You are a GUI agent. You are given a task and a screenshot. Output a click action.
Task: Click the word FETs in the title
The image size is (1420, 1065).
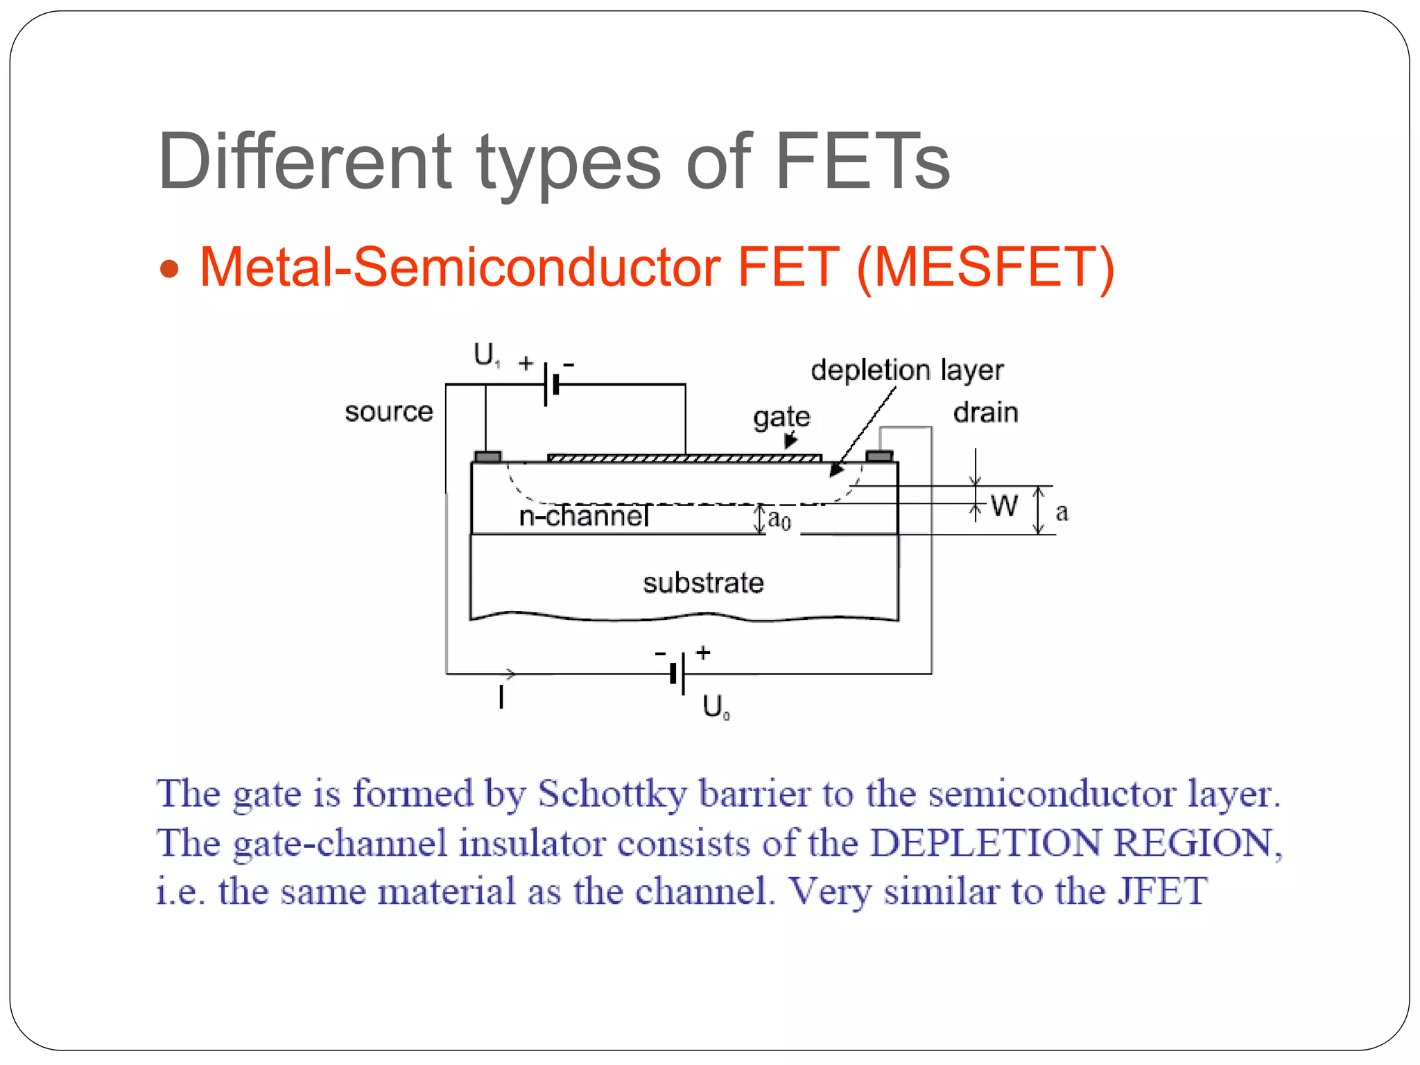pyautogui.click(x=862, y=162)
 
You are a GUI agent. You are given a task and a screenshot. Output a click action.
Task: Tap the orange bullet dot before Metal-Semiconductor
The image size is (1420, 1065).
pyautogui.click(x=169, y=269)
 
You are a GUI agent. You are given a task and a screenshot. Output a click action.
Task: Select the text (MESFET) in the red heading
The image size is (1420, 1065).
pyautogui.click(x=985, y=268)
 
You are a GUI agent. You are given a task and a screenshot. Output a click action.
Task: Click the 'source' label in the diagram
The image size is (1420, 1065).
pyautogui.click(x=389, y=412)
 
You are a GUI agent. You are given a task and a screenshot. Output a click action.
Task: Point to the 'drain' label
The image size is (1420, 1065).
pyautogui.click(x=985, y=413)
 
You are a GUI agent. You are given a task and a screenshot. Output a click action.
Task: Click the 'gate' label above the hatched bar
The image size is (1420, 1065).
pyautogui.click(x=781, y=417)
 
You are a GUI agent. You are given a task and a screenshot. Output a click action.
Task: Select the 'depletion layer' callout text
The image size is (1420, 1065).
pyautogui.click(x=907, y=370)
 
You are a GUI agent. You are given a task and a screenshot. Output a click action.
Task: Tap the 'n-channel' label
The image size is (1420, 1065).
pyautogui.click(x=584, y=516)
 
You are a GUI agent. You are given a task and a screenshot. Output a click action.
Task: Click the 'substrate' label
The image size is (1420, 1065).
pyautogui.click(x=703, y=583)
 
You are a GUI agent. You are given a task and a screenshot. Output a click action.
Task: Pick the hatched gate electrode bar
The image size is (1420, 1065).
pyautogui.click(x=684, y=458)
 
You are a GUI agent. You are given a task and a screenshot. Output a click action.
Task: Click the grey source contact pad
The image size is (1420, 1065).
pyautogui.click(x=487, y=456)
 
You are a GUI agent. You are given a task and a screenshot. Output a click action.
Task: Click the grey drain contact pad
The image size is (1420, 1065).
pyautogui.click(x=879, y=456)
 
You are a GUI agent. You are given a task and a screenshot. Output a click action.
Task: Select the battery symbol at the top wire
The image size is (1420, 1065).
pyautogui.click(x=551, y=384)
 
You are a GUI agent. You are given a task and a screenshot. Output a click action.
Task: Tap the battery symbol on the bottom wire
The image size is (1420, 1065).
pyautogui.click(x=678, y=673)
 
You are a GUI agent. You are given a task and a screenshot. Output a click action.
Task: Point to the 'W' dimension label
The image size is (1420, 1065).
pyautogui.click(x=1004, y=505)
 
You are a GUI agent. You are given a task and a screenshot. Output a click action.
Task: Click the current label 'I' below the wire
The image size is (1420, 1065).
pyautogui.click(x=501, y=696)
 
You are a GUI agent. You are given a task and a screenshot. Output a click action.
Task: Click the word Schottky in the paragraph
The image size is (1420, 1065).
pyautogui.click(x=612, y=794)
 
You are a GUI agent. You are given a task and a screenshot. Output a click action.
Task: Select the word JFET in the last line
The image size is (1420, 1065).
pyautogui.click(x=1162, y=892)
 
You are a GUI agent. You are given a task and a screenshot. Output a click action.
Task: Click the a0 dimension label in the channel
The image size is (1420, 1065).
pyautogui.click(x=779, y=519)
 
